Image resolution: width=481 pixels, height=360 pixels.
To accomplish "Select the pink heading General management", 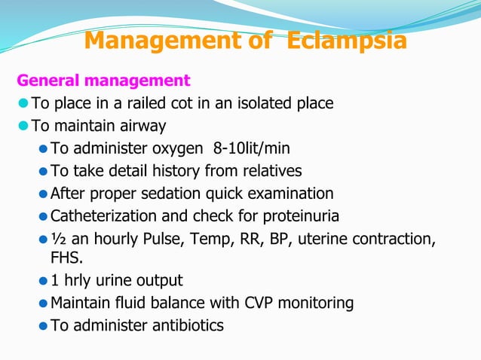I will point(103,80).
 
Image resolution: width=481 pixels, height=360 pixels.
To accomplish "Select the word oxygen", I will point(177,148).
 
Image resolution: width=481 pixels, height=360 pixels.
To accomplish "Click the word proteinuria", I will point(301,217).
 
